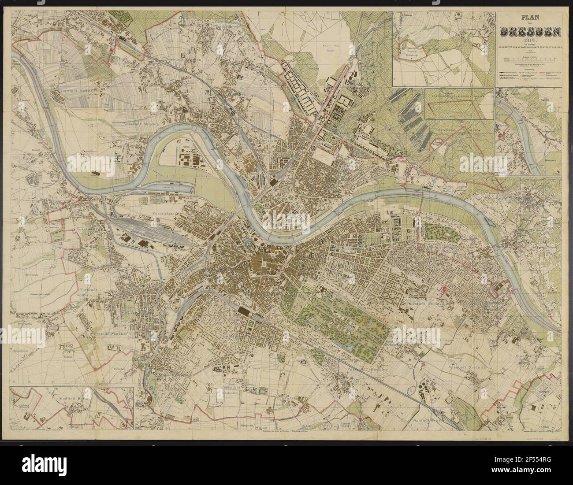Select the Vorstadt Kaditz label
[66, 93]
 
